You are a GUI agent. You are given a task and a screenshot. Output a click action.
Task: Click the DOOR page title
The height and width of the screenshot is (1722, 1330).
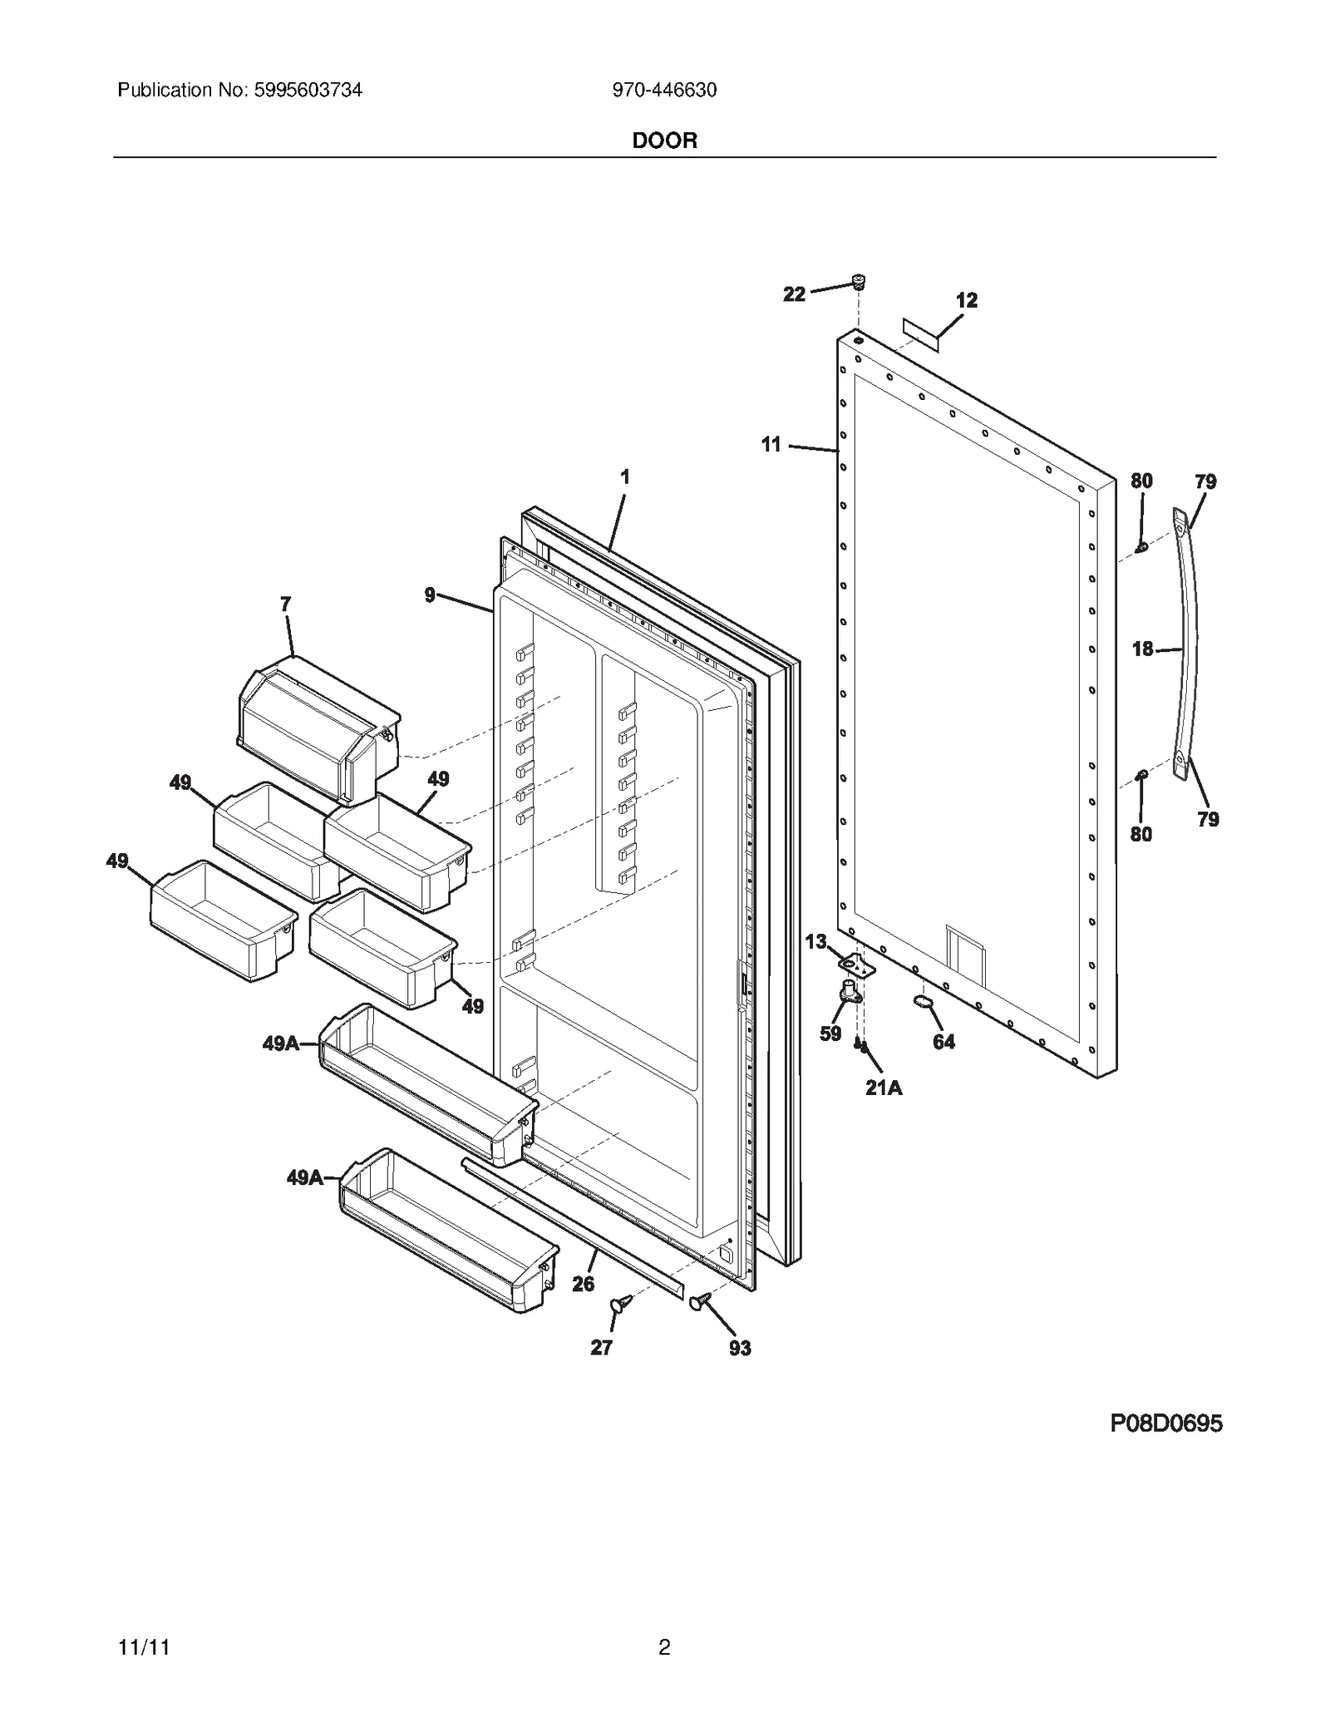pyautogui.click(x=664, y=141)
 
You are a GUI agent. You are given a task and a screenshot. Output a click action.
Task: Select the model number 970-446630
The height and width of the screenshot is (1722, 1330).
pyautogui.click(x=664, y=90)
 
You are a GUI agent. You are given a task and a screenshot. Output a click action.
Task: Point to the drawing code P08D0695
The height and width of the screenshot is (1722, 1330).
pyautogui.click(x=1165, y=1424)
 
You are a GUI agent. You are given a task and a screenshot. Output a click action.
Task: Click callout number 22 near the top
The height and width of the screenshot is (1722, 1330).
pyautogui.click(x=794, y=294)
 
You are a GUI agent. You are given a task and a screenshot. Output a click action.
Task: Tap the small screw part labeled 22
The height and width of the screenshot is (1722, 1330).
pyautogui.click(x=860, y=282)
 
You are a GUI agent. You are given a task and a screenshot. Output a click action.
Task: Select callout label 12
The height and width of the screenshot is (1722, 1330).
pyautogui.click(x=966, y=300)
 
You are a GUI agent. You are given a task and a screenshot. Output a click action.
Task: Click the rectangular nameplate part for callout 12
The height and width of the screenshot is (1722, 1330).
pyautogui.click(x=921, y=333)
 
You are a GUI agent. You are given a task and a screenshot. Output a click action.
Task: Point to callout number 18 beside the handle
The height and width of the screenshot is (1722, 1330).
pyautogui.click(x=1143, y=649)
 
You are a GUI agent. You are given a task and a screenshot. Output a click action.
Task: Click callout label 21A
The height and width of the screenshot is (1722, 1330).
pyautogui.click(x=883, y=1087)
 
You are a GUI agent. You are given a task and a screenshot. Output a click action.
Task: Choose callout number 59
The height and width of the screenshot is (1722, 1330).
pyautogui.click(x=830, y=1034)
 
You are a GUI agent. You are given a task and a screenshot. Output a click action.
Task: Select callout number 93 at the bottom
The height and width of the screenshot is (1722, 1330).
pyautogui.click(x=740, y=1348)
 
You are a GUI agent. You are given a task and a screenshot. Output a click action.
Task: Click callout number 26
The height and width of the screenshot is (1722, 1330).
pyautogui.click(x=583, y=1284)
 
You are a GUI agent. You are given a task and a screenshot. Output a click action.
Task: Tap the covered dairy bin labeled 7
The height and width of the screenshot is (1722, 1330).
pyautogui.click(x=318, y=728)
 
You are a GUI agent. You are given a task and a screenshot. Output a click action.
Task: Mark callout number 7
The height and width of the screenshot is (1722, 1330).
pyautogui.click(x=285, y=604)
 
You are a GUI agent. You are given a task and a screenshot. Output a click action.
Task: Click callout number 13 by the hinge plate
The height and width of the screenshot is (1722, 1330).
pyautogui.click(x=815, y=941)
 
